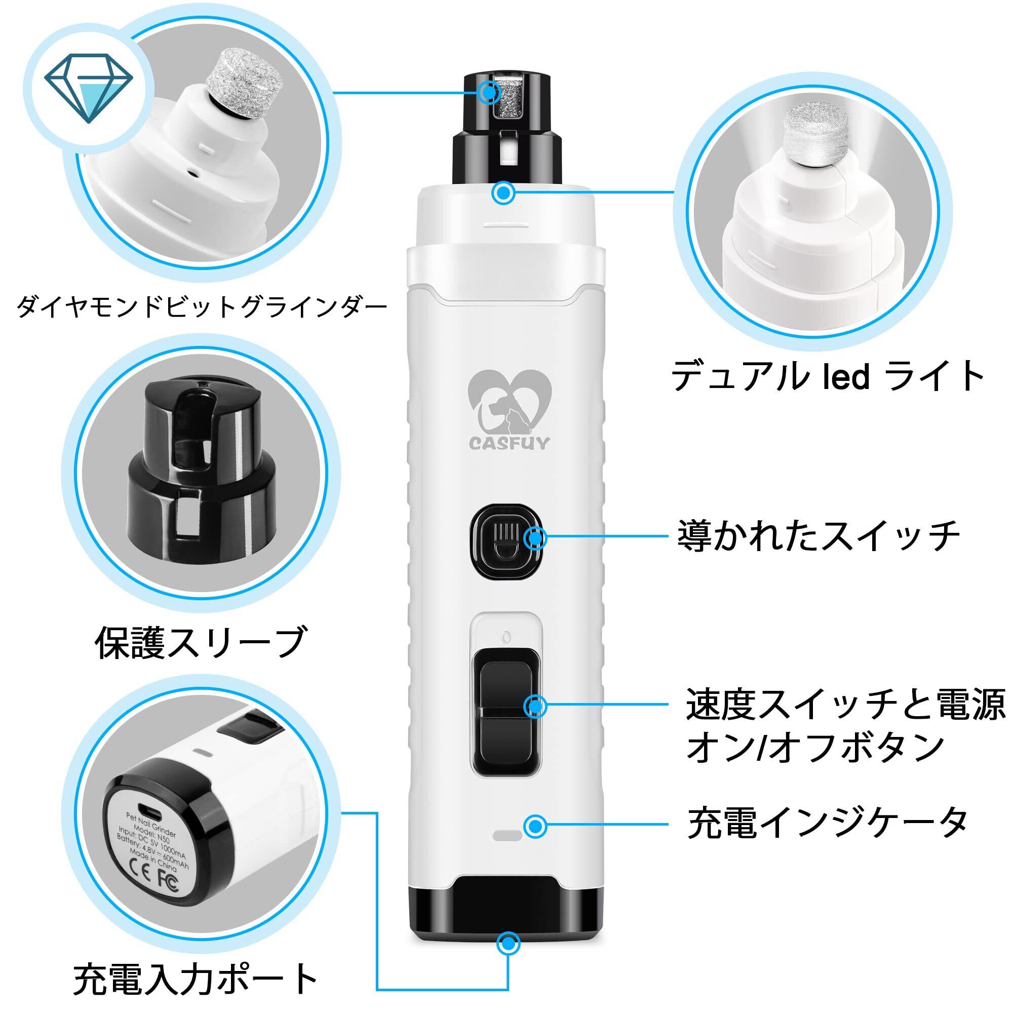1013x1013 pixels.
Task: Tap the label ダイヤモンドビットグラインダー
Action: [x=202, y=307]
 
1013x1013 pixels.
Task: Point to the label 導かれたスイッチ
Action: [x=818, y=536]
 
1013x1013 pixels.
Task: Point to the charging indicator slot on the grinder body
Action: [x=508, y=835]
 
